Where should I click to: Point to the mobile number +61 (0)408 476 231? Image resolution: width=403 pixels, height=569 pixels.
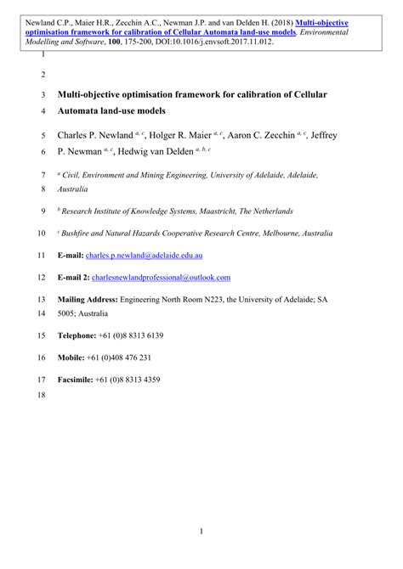pos(122,358)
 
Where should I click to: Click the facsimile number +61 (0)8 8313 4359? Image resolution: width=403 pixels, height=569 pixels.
pos(128,380)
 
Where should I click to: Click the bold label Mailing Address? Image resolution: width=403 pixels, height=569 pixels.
pos(88,300)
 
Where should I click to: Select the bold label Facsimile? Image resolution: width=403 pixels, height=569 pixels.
pos(75,380)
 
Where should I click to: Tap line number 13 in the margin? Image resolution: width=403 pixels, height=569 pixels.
pos(41,300)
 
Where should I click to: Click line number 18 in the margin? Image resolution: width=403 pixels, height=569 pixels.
pos(41,396)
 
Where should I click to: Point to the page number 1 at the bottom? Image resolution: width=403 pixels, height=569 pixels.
pos(201,532)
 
